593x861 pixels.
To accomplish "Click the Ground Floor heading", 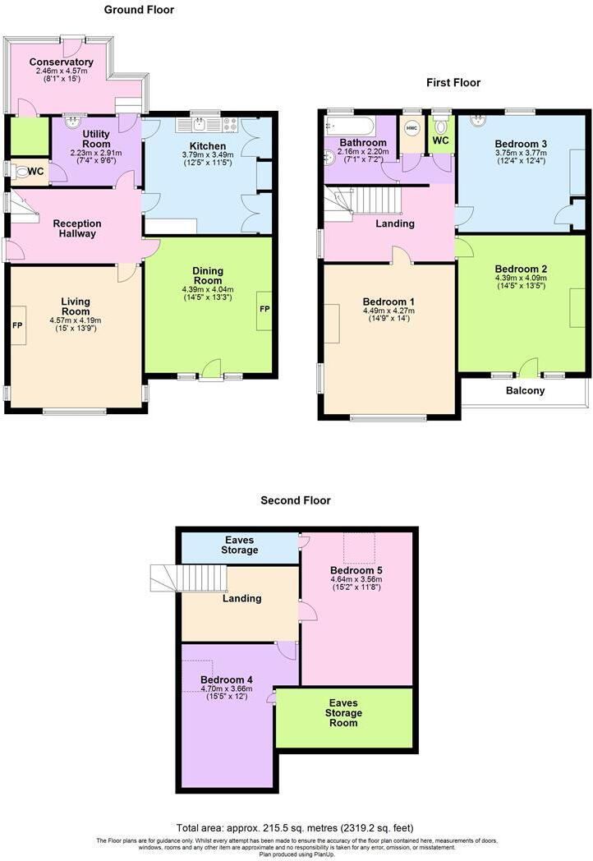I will (x=139, y=10).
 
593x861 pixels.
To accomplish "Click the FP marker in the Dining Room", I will (x=264, y=310).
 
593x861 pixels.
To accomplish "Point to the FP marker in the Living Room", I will (x=16, y=324).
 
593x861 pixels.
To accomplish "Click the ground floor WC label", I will (x=36, y=172).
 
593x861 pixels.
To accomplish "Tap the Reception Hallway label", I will (x=77, y=228).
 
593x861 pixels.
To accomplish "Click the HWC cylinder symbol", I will (x=411, y=128).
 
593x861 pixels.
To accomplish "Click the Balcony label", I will (x=525, y=391).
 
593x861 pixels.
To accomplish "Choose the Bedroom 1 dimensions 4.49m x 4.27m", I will (x=388, y=311).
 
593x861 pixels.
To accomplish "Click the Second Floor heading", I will (x=296, y=500).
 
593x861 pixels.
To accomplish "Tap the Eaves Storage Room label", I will (x=342, y=713).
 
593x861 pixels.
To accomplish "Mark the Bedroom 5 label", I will (x=356, y=570).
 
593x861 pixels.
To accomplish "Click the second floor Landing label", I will (x=242, y=599).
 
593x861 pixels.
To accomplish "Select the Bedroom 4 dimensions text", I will (x=227, y=695).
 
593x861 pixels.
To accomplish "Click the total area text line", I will (x=296, y=827).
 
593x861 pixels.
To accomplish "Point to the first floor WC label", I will (x=441, y=140).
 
